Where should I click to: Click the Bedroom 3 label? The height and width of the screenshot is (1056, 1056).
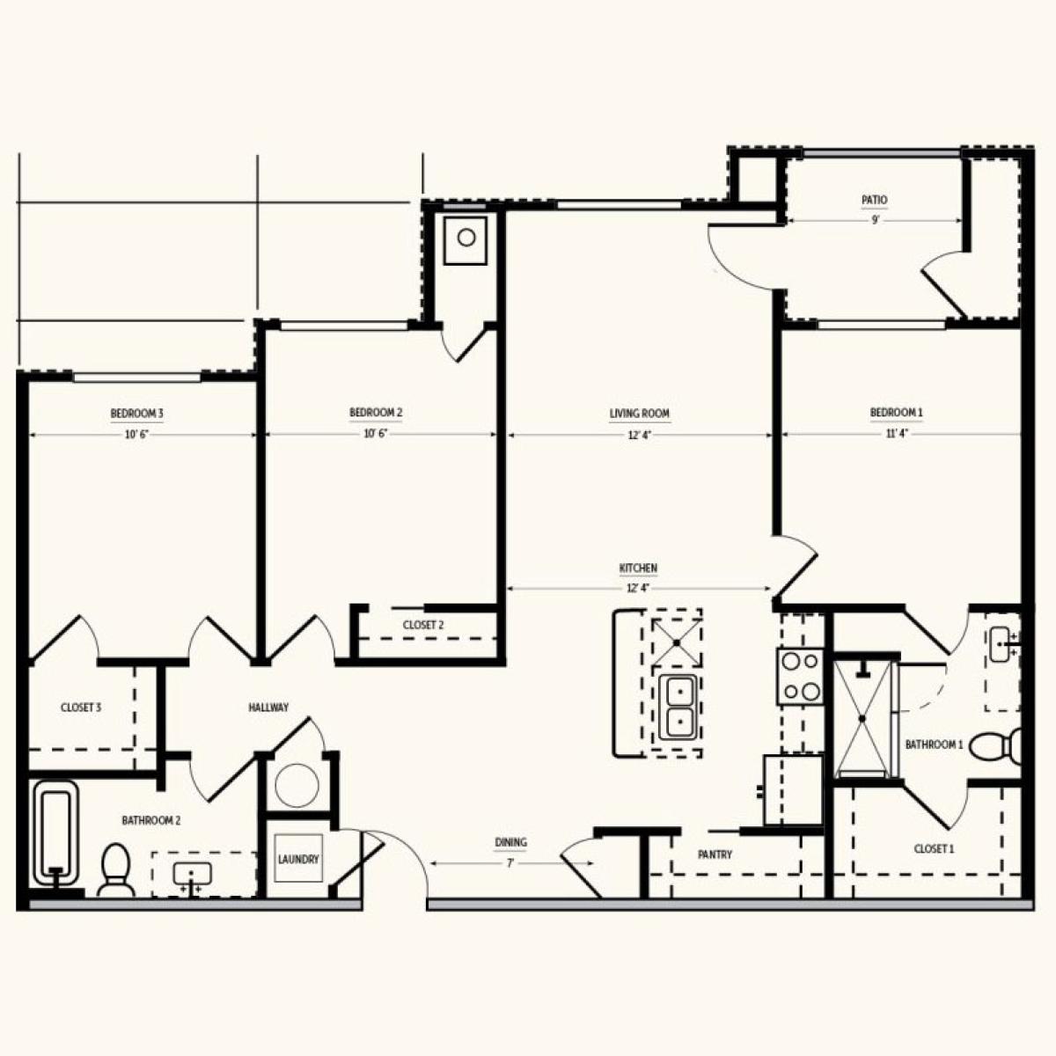[136, 414]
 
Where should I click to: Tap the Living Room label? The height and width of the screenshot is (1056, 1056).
[640, 414]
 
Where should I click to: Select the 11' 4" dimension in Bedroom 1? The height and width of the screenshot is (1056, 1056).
[898, 434]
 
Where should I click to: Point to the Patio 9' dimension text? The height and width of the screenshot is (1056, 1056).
[875, 220]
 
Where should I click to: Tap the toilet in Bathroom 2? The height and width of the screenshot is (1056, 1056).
[115, 870]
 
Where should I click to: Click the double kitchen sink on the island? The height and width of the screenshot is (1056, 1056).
[678, 708]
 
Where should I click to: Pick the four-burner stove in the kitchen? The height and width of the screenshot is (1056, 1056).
[800, 676]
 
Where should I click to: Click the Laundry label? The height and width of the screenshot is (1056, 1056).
[298, 859]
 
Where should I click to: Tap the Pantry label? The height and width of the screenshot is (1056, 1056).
[715, 854]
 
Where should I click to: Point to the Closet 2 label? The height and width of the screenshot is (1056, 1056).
[423, 625]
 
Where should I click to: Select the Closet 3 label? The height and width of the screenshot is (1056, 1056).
[81, 708]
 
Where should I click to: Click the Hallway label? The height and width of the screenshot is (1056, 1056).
[268, 708]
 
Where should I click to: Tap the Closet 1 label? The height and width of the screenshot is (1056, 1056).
[934, 849]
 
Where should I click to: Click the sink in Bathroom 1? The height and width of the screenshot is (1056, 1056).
[1003, 644]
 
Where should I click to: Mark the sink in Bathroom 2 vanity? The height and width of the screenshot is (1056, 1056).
[192, 874]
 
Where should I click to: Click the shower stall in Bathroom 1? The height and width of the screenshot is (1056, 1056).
[863, 718]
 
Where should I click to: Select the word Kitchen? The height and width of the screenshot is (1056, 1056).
[638, 568]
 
